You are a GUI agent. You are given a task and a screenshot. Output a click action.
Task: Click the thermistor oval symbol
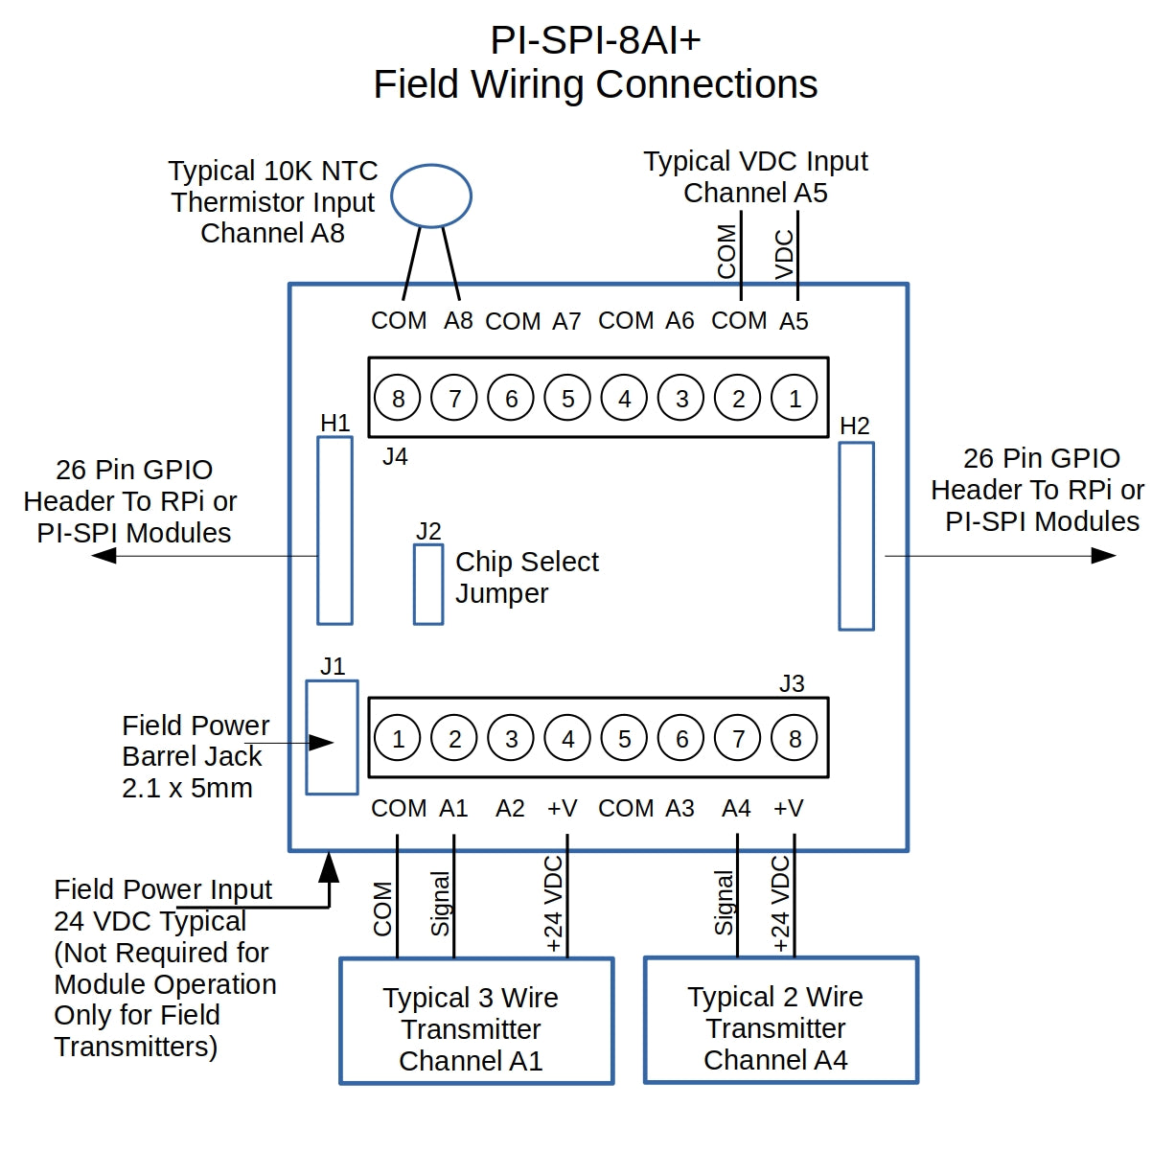point(431,196)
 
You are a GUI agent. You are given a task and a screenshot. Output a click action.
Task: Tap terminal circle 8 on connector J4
point(398,398)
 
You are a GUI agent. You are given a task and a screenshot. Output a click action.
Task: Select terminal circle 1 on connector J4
point(795,398)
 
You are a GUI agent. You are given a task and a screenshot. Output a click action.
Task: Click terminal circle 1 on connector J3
point(398,739)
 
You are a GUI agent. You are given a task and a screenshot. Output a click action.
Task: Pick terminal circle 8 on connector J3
point(795,739)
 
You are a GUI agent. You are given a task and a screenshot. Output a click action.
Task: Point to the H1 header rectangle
point(334,530)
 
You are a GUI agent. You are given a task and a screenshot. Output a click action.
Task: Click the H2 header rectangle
point(856,536)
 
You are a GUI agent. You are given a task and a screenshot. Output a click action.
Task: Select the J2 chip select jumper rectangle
point(428,584)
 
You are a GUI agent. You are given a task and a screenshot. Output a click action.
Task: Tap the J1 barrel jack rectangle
point(332,737)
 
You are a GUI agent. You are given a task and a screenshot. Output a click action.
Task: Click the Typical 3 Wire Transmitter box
point(476,1021)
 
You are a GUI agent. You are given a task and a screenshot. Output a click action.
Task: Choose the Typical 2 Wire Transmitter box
point(780,1020)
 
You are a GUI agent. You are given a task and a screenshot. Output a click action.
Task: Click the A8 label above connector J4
point(458,321)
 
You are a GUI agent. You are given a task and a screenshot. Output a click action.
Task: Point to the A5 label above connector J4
point(794,321)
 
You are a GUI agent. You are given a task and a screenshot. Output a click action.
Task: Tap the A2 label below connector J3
point(510,809)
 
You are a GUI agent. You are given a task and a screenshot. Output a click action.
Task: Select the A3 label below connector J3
point(680,809)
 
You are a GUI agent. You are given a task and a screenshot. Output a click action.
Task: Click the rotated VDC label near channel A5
point(784,254)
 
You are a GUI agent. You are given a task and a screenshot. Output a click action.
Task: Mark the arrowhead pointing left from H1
point(103,556)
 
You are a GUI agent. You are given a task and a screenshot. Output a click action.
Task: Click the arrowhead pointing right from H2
point(1104,556)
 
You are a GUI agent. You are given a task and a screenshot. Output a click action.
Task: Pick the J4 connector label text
point(395,457)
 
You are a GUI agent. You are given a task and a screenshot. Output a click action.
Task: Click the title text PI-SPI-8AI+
point(595,40)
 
